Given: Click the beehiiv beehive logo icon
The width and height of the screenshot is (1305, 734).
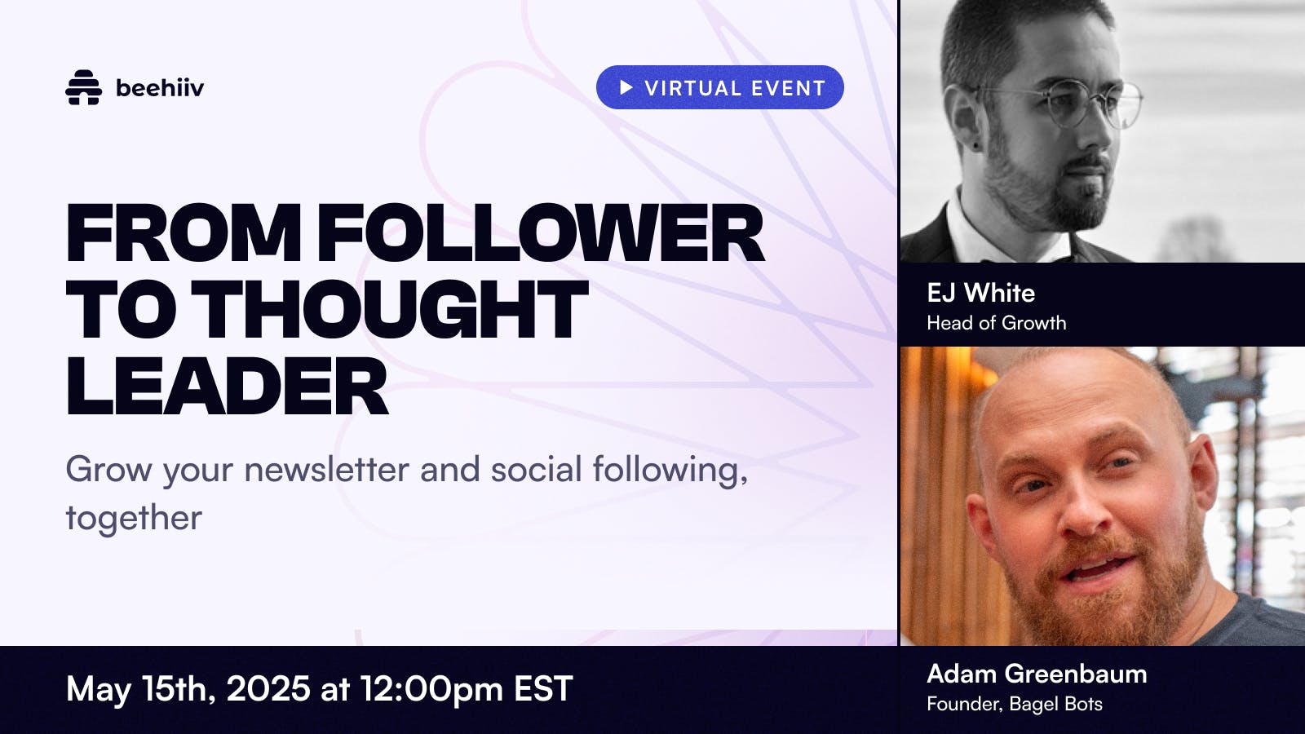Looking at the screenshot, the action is coord(83,87).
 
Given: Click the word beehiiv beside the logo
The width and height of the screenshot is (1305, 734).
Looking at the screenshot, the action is coord(160,88).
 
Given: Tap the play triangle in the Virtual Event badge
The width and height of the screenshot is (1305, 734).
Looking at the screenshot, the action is coord(626,87).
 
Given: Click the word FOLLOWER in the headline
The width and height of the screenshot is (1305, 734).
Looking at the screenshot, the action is coord(540,232).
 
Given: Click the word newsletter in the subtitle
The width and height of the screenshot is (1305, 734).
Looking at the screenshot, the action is coord(326,469).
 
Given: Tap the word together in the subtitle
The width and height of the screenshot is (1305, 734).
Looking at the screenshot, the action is coord(134,518).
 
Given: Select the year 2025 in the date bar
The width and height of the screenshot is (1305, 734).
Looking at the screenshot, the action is coord(268,688).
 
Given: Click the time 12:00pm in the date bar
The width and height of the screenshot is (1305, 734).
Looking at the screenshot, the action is coord(431,688).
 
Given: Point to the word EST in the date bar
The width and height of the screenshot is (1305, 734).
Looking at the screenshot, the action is coord(543,688).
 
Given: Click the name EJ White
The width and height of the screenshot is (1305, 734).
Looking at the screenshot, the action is coord(981,293).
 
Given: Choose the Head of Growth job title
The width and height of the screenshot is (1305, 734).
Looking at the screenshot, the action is coord(996,323).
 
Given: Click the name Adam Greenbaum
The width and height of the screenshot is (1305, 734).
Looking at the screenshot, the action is coord(1037,674).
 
